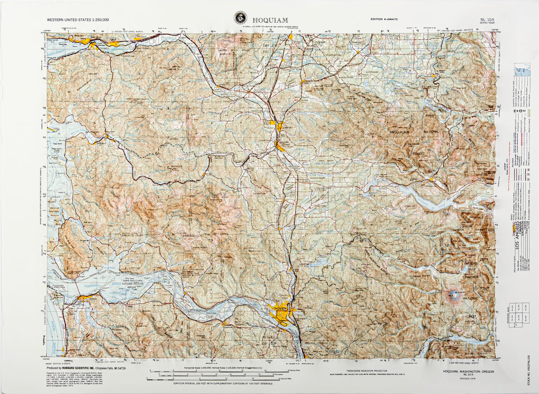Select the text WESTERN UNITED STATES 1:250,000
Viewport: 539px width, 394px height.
[x=78, y=19]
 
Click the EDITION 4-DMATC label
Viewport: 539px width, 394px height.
[x=386, y=19]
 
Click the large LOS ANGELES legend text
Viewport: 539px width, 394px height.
[x=517, y=235]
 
